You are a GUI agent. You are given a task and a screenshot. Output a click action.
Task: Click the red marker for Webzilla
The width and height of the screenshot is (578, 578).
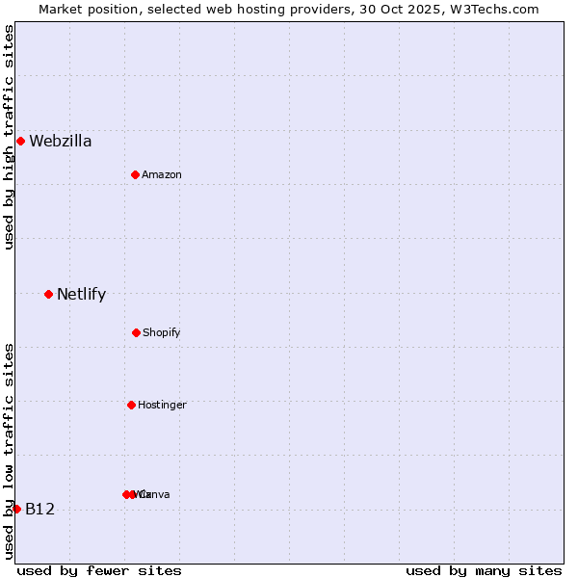coord(20,141)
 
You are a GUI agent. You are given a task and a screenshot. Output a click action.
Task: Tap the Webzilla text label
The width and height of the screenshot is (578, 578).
coord(61,142)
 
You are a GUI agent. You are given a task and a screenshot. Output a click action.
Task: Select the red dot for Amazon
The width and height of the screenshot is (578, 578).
coord(136,174)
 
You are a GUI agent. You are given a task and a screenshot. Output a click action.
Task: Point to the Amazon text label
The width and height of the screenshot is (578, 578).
coord(162,175)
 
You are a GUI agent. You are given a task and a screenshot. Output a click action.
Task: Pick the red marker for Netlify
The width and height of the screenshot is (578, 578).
coord(48,294)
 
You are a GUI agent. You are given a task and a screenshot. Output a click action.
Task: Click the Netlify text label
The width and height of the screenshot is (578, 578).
coord(82,295)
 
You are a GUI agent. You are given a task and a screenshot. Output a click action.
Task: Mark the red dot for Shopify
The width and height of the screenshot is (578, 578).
coord(136,332)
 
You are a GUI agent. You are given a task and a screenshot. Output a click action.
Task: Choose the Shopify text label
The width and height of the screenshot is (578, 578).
coord(162,333)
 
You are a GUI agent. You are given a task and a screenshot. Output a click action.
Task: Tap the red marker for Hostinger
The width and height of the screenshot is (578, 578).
coord(131,405)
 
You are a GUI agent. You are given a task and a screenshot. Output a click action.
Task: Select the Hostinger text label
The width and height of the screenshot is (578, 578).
coord(162,406)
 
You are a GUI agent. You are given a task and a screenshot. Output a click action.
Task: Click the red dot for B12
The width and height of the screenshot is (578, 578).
coord(16,509)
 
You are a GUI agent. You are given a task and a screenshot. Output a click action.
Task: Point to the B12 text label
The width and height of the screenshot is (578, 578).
coord(40,510)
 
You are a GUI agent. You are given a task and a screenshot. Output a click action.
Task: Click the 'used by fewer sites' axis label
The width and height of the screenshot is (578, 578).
coord(99,570)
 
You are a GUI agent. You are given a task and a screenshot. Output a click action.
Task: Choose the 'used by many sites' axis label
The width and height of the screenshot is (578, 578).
coord(484,570)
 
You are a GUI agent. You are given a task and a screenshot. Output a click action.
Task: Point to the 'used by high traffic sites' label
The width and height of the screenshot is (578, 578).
coord(9,137)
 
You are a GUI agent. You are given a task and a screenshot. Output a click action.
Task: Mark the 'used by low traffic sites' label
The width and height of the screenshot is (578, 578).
coord(9,451)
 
